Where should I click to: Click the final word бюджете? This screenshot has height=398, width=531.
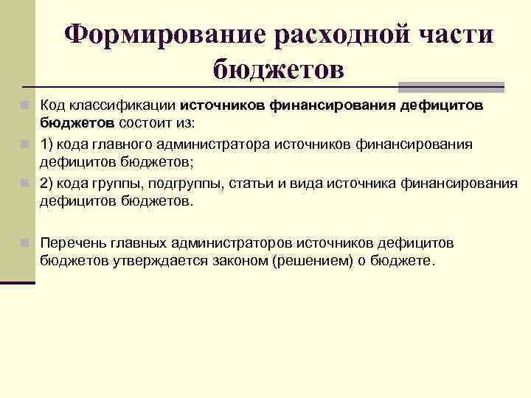pos(407,262)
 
